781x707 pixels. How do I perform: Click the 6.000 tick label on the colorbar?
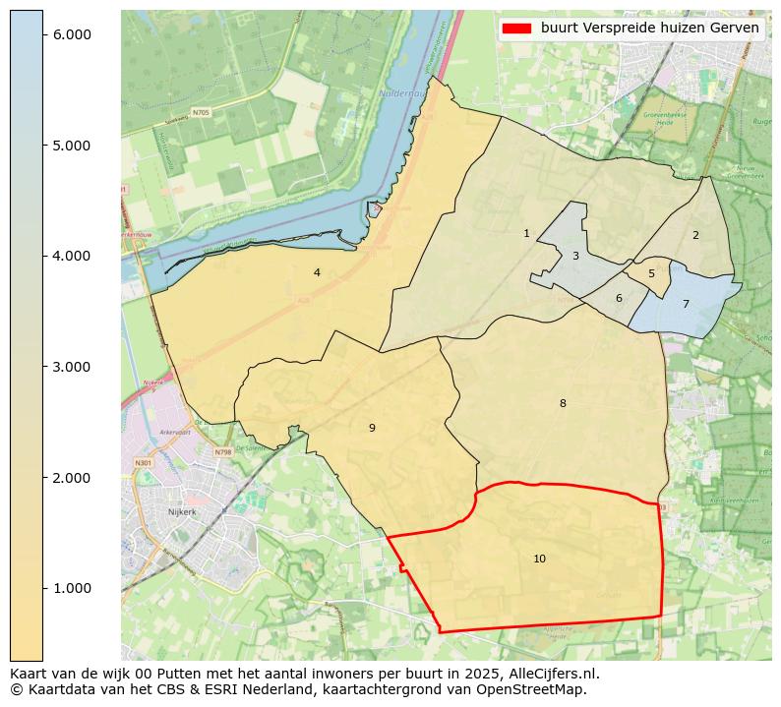(x=71, y=34)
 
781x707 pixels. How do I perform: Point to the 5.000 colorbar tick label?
(x=71, y=146)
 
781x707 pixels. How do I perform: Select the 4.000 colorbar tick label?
(x=71, y=256)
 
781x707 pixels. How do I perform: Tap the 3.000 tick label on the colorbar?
(x=71, y=367)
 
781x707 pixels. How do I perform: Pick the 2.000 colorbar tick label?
(x=71, y=478)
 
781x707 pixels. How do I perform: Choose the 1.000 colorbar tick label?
(x=71, y=588)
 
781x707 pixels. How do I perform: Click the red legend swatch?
(x=516, y=29)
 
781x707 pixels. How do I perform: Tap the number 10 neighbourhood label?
(x=539, y=559)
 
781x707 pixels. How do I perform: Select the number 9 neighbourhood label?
(x=372, y=428)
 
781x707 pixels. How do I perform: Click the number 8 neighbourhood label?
(x=563, y=403)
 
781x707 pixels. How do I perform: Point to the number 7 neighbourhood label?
(x=686, y=305)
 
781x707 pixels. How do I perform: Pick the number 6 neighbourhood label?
(x=619, y=298)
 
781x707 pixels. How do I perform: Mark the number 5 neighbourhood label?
(x=651, y=274)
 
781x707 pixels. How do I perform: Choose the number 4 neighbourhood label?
(x=317, y=272)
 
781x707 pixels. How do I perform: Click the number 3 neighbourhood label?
(x=575, y=257)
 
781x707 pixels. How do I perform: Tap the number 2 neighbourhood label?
(x=695, y=235)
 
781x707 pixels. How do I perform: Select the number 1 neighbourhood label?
(x=526, y=233)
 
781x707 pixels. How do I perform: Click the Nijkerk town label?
(x=182, y=512)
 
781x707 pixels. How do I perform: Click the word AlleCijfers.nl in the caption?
(x=550, y=674)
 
